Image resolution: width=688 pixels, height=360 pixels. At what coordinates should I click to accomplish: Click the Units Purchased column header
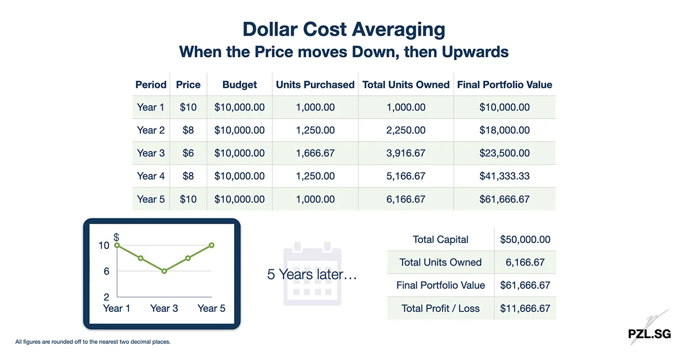coord(315,85)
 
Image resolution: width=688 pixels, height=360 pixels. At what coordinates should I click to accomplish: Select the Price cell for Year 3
coord(188,153)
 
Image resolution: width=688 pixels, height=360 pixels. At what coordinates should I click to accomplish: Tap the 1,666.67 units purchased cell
coord(315,153)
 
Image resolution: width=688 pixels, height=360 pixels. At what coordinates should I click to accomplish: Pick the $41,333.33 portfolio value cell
coord(505,176)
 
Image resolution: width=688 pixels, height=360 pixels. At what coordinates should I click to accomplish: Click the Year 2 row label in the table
coord(151,130)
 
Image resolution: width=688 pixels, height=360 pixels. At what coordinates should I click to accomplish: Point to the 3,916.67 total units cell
coord(406,153)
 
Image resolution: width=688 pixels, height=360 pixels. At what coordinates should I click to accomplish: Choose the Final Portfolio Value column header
coord(505,85)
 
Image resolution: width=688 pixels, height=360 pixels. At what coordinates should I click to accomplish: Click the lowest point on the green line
coord(164,271)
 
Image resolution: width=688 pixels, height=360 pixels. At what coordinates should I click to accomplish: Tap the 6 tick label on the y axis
coord(107,271)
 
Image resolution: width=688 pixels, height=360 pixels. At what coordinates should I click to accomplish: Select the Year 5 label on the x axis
coord(212,308)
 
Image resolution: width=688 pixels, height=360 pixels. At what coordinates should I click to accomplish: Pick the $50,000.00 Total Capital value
coord(525,240)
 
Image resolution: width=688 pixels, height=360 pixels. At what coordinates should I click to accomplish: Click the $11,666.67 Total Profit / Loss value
coord(525,308)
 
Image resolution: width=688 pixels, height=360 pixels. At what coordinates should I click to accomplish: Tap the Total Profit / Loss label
coord(440,308)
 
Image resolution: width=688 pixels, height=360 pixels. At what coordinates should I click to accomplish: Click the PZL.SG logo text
coord(649,334)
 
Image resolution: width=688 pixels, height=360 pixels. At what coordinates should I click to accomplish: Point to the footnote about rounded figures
coord(93,342)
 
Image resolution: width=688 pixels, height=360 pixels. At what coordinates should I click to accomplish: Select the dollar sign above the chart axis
coord(116,237)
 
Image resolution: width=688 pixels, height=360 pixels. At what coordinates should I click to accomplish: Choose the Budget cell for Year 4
coord(240,176)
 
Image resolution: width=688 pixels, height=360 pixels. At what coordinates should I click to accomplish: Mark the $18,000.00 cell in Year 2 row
coord(505,130)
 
